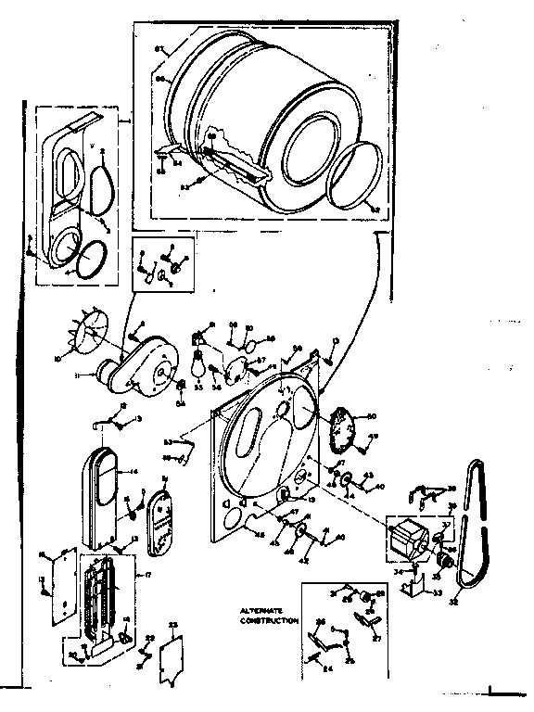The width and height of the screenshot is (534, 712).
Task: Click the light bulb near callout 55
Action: click(x=196, y=365)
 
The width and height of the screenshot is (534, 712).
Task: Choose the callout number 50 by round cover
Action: click(x=373, y=414)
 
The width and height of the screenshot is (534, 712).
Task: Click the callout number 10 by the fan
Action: click(x=59, y=356)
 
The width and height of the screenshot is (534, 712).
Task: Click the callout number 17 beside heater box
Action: click(x=139, y=577)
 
